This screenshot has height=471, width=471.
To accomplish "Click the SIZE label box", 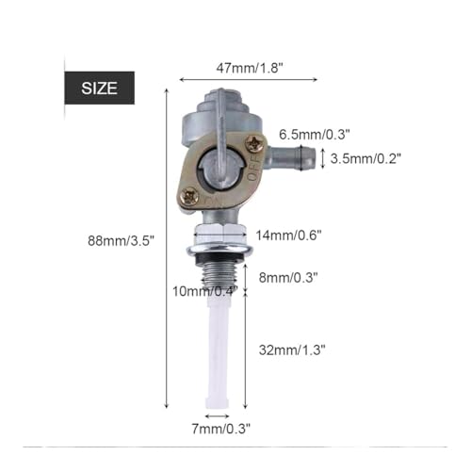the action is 100,88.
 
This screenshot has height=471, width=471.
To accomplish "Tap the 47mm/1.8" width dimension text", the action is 250,68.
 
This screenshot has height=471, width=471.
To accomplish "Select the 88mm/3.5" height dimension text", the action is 122,241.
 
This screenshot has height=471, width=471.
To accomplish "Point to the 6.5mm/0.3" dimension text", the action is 315,135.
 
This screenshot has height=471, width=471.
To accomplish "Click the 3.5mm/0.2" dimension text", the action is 365,158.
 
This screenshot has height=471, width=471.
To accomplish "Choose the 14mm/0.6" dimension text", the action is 289,235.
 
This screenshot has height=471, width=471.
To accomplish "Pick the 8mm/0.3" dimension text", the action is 288,278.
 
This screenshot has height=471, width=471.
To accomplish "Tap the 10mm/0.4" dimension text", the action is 205,291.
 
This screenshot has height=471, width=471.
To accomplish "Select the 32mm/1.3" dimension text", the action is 292,349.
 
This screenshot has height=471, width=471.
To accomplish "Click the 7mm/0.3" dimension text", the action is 221,429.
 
